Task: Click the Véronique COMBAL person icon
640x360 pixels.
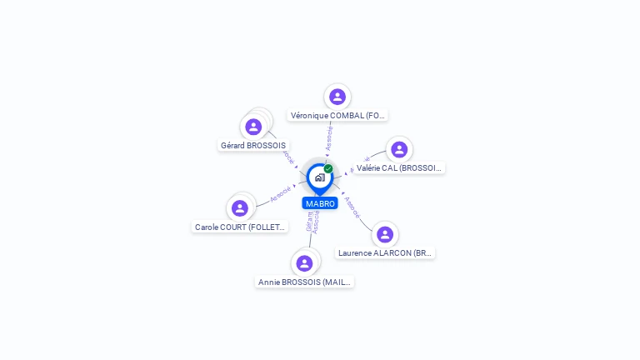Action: tap(337, 97)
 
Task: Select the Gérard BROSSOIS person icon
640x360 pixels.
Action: tap(253, 127)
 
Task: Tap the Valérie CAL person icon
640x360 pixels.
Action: tap(399, 149)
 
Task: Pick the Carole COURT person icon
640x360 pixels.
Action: tap(240, 208)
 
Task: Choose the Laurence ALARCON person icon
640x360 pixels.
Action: tap(384, 234)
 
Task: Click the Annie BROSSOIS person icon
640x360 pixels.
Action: tap(304, 263)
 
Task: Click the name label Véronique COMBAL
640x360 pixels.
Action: tap(337, 116)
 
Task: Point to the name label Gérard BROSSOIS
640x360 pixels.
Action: tap(252, 146)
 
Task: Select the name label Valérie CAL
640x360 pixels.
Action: tap(399, 168)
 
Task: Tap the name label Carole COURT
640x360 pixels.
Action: tap(240, 227)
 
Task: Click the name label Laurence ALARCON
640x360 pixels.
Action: tap(385, 252)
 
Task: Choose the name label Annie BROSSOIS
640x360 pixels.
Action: tap(305, 282)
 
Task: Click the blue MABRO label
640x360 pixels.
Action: tap(320, 203)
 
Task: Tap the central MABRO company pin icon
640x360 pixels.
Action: tap(319, 177)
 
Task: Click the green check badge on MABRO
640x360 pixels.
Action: tap(328, 168)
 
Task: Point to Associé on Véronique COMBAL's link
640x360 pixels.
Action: tap(330, 138)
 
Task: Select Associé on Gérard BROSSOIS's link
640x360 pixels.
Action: tap(288, 157)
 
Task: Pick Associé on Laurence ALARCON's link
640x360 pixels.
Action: tap(352, 207)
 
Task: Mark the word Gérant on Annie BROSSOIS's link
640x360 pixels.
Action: tap(309, 221)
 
